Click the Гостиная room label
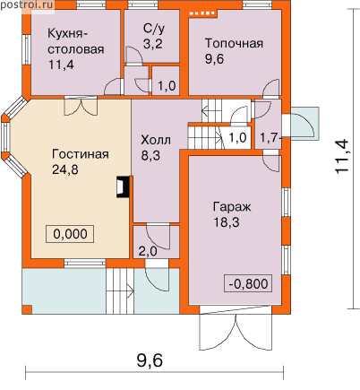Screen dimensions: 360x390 (x=81, y=154)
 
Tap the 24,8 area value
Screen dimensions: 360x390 (x=65, y=169)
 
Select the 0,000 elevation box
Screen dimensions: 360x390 (x=70, y=234)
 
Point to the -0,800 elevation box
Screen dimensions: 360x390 (x=248, y=283)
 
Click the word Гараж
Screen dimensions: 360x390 (x=232, y=207)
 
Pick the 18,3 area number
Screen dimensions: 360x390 (x=227, y=222)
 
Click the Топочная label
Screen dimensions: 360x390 (x=234, y=44)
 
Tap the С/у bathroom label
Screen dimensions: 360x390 (x=154, y=29)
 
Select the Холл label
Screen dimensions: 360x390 (x=156, y=140)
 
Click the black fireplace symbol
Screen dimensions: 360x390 (x=123, y=187)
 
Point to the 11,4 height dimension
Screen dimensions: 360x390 (x=341, y=156)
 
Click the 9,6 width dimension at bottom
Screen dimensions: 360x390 (x=150, y=360)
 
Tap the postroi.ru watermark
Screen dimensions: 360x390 (x=27, y=4)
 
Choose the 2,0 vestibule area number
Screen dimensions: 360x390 (x=148, y=251)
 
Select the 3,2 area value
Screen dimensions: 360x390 (x=153, y=44)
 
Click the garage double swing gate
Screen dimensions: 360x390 (x=236, y=328)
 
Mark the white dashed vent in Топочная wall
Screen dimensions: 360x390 (x=202, y=13)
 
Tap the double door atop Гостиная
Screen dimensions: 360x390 (x=81, y=106)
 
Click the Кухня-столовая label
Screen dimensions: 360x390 (x=76, y=49)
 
